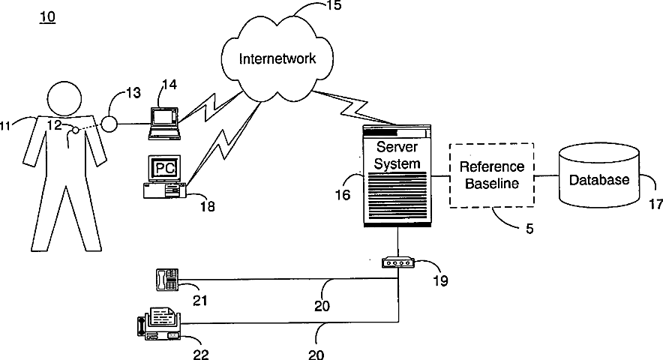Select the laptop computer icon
[x=164, y=123]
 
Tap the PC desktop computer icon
[x=161, y=177]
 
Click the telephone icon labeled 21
[x=166, y=280]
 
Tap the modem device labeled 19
[x=397, y=263]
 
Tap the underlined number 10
[x=47, y=16]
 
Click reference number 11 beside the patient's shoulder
[x=5, y=127]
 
